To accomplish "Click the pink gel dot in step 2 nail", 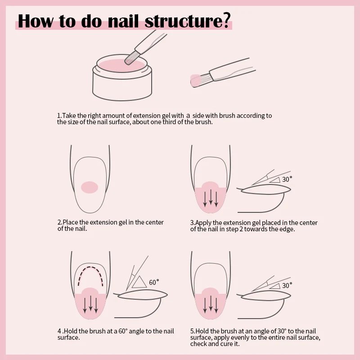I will (90, 187).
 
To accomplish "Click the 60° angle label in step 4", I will (154, 283).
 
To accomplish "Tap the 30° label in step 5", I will (287, 285).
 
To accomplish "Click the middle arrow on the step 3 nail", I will (211, 198).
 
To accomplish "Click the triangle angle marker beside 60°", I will (139, 282).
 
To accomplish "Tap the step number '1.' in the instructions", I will (59, 116).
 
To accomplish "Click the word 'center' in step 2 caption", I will (154, 222).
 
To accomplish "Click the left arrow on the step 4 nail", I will (84, 304).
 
